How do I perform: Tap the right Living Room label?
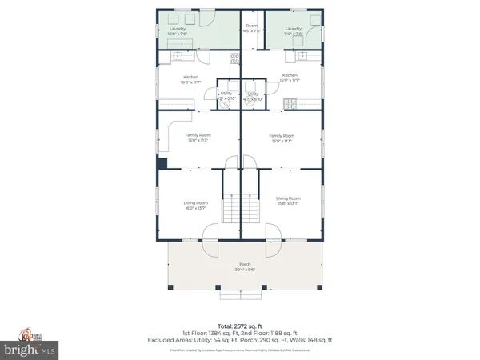(288, 200)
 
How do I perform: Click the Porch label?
(244, 266)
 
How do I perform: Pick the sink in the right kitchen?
(302, 57)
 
